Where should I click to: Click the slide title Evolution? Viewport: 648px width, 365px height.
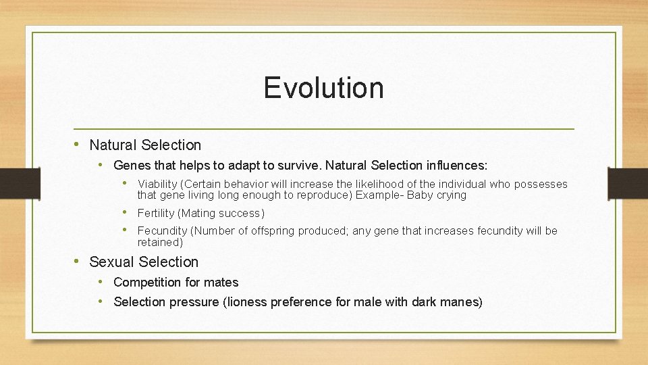click(x=323, y=88)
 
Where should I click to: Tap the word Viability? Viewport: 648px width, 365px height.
click(x=158, y=185)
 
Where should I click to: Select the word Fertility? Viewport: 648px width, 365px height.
click(x=155, y=214)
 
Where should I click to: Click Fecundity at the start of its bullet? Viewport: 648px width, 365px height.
click(x=162, y=231)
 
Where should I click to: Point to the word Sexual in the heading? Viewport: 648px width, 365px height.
click(x=109, y=262)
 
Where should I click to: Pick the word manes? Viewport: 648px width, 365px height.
click(x=462, y=302)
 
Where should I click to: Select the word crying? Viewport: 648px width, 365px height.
click(x=451, y=195)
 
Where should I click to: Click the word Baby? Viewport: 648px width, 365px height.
click(x=420, y=195)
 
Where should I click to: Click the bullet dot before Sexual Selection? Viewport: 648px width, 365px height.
click(x=78, y=262)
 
